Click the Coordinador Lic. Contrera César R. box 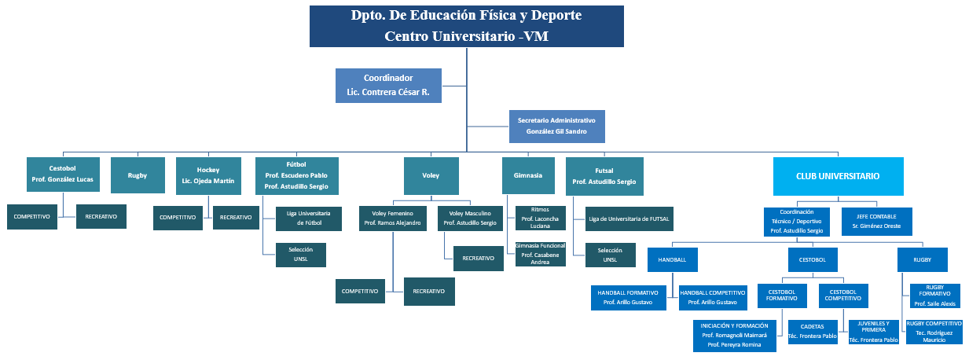[x=388, y=86]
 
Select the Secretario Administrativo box [x=556, y=126]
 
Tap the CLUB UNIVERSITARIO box [x=838, y=176]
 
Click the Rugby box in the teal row [x=138, y=176]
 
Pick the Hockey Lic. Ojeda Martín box [x=208, y=176]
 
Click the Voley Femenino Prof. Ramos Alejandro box [x=393, y=218]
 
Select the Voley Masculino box [x=470, y=218]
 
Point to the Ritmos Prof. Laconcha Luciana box [x=540, y=218]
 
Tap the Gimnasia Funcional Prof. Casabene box [x=540, y=254]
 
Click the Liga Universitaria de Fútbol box [x=309, y=218]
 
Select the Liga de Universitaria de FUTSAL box [x=629, y=218]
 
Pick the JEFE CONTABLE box [x=876, y=220]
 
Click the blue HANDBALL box [x=673, y=259]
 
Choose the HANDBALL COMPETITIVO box [x=712, y=296]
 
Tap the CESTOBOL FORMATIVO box [x=782, y=296]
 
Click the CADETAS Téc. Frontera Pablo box [x=812, y=331]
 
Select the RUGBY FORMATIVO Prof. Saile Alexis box [x=934, y=296]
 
